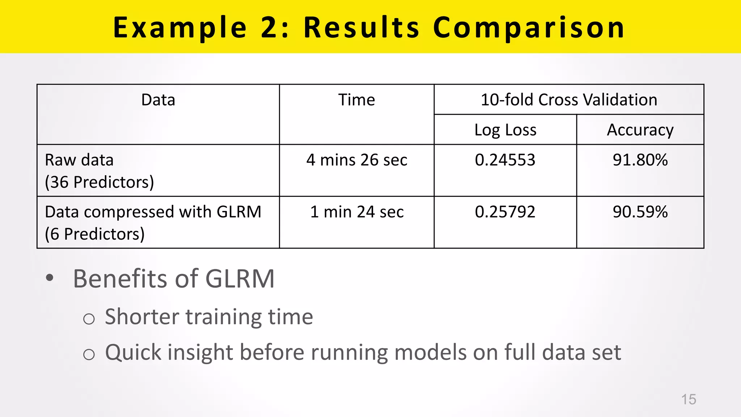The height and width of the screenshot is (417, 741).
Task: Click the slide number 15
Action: pyautogui.click(x=689, y=399)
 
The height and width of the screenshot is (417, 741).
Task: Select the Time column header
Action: pyautogui.click(x=356, y=100)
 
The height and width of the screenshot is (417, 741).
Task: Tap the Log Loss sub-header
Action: pyautogui.click(x=505, y=130)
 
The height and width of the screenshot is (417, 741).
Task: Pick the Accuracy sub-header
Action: pyautogui.click(x=640, y=130)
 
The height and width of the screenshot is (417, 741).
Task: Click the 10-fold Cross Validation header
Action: pyautogui.click(x=569, y=100)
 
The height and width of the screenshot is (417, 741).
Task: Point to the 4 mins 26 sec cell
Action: pyautogui.click(x=357, y=160)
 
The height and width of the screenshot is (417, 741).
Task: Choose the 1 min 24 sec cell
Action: pyautogui.click(x=357, y=212)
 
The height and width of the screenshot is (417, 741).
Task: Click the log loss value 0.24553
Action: pyautogui.click(x=505, y=160)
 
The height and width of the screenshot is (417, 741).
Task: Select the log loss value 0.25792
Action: pyautogui.click(x=505, y=212)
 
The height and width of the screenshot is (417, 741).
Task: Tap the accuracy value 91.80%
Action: pyautogui.click(x=640, y=160)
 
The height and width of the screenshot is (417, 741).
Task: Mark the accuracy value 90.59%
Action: pyautogui.click(x=640, y=212)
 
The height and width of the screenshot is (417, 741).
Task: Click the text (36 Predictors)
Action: pyautogui.click(x=99, y=182)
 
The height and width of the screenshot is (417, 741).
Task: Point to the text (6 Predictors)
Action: pyautogui.click(x=95, y=234)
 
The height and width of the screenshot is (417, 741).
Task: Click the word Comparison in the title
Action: pyautogui.click(x=529, y=28)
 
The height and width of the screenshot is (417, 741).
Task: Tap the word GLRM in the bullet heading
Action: pyautogui.click(x=240, y=279)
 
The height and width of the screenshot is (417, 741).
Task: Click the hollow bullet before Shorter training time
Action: pyautogui.click(x=89, y=319)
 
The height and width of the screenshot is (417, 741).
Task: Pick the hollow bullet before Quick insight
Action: pyautogui.click(x=89, y=354)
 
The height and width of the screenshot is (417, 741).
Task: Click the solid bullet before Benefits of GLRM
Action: pyautogui.click(x=50, y=278)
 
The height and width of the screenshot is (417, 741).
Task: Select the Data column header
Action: pyautogui.click(x=158, y=100)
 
